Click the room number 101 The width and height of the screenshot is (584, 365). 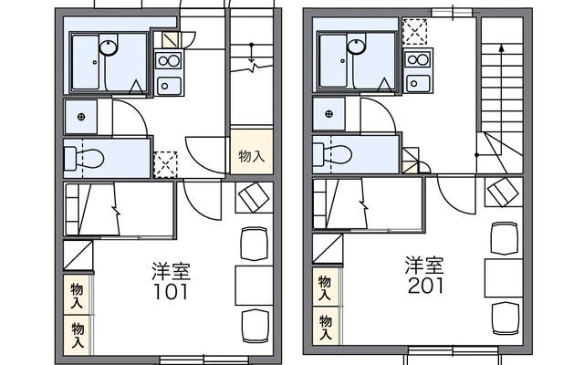pyautogui.click(x=171, y=292)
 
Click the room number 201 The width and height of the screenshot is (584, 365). pyautogui.click(x=426, y=286)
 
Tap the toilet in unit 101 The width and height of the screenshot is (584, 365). pyautogui.click(x=84, y=158)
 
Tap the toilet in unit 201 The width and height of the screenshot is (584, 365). pyautogui.click(x=332, y=154)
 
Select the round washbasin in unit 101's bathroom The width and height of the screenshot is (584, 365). pyautogui.click(x=109, y=47)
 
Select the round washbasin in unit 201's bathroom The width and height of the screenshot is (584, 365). pyautogui.click(x=357, y=47)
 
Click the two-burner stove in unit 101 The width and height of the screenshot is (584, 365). pyautogui.click(x=169, y=61)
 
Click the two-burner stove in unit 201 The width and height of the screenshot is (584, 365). pyautogui.click(x=418, y=59)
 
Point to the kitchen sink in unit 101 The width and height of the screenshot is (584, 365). pyautogui.click(x=169, y=86)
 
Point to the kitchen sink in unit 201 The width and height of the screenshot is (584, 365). pyautogui.click(x=418, y=83)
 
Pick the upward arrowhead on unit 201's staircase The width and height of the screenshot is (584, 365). pyautogui.click(x=501, y=47)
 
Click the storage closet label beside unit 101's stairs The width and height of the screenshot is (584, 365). pyautogui.click(x=252, y=156)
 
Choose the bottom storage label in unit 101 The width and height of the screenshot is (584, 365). pyautogui.click(x=78, y=335)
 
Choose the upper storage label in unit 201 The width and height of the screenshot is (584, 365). pyautogui.click(x=325, y=288)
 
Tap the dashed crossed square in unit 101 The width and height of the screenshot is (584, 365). pyautogui.click(x=165, y=164)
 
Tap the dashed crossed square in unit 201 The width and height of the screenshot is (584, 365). pyautogui.click(x=414, y=32)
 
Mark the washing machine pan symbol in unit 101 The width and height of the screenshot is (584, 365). pyautogui.click(x=81, y=117)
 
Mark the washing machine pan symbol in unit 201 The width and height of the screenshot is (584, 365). pyautogui.click(x=328, y=114)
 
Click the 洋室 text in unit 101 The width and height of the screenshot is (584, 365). pyautogui.click(x=172, y=272)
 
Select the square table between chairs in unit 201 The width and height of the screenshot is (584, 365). pyautogui.click(x=504, y=278)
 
